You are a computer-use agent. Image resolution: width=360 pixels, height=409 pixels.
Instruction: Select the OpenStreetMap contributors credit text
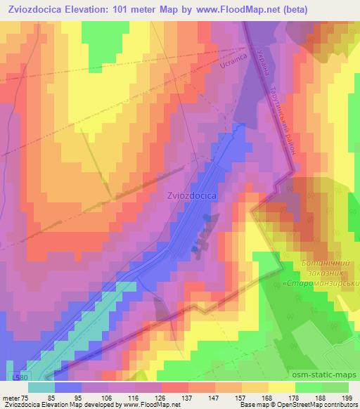pyautogui.click(x=319, y=405)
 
